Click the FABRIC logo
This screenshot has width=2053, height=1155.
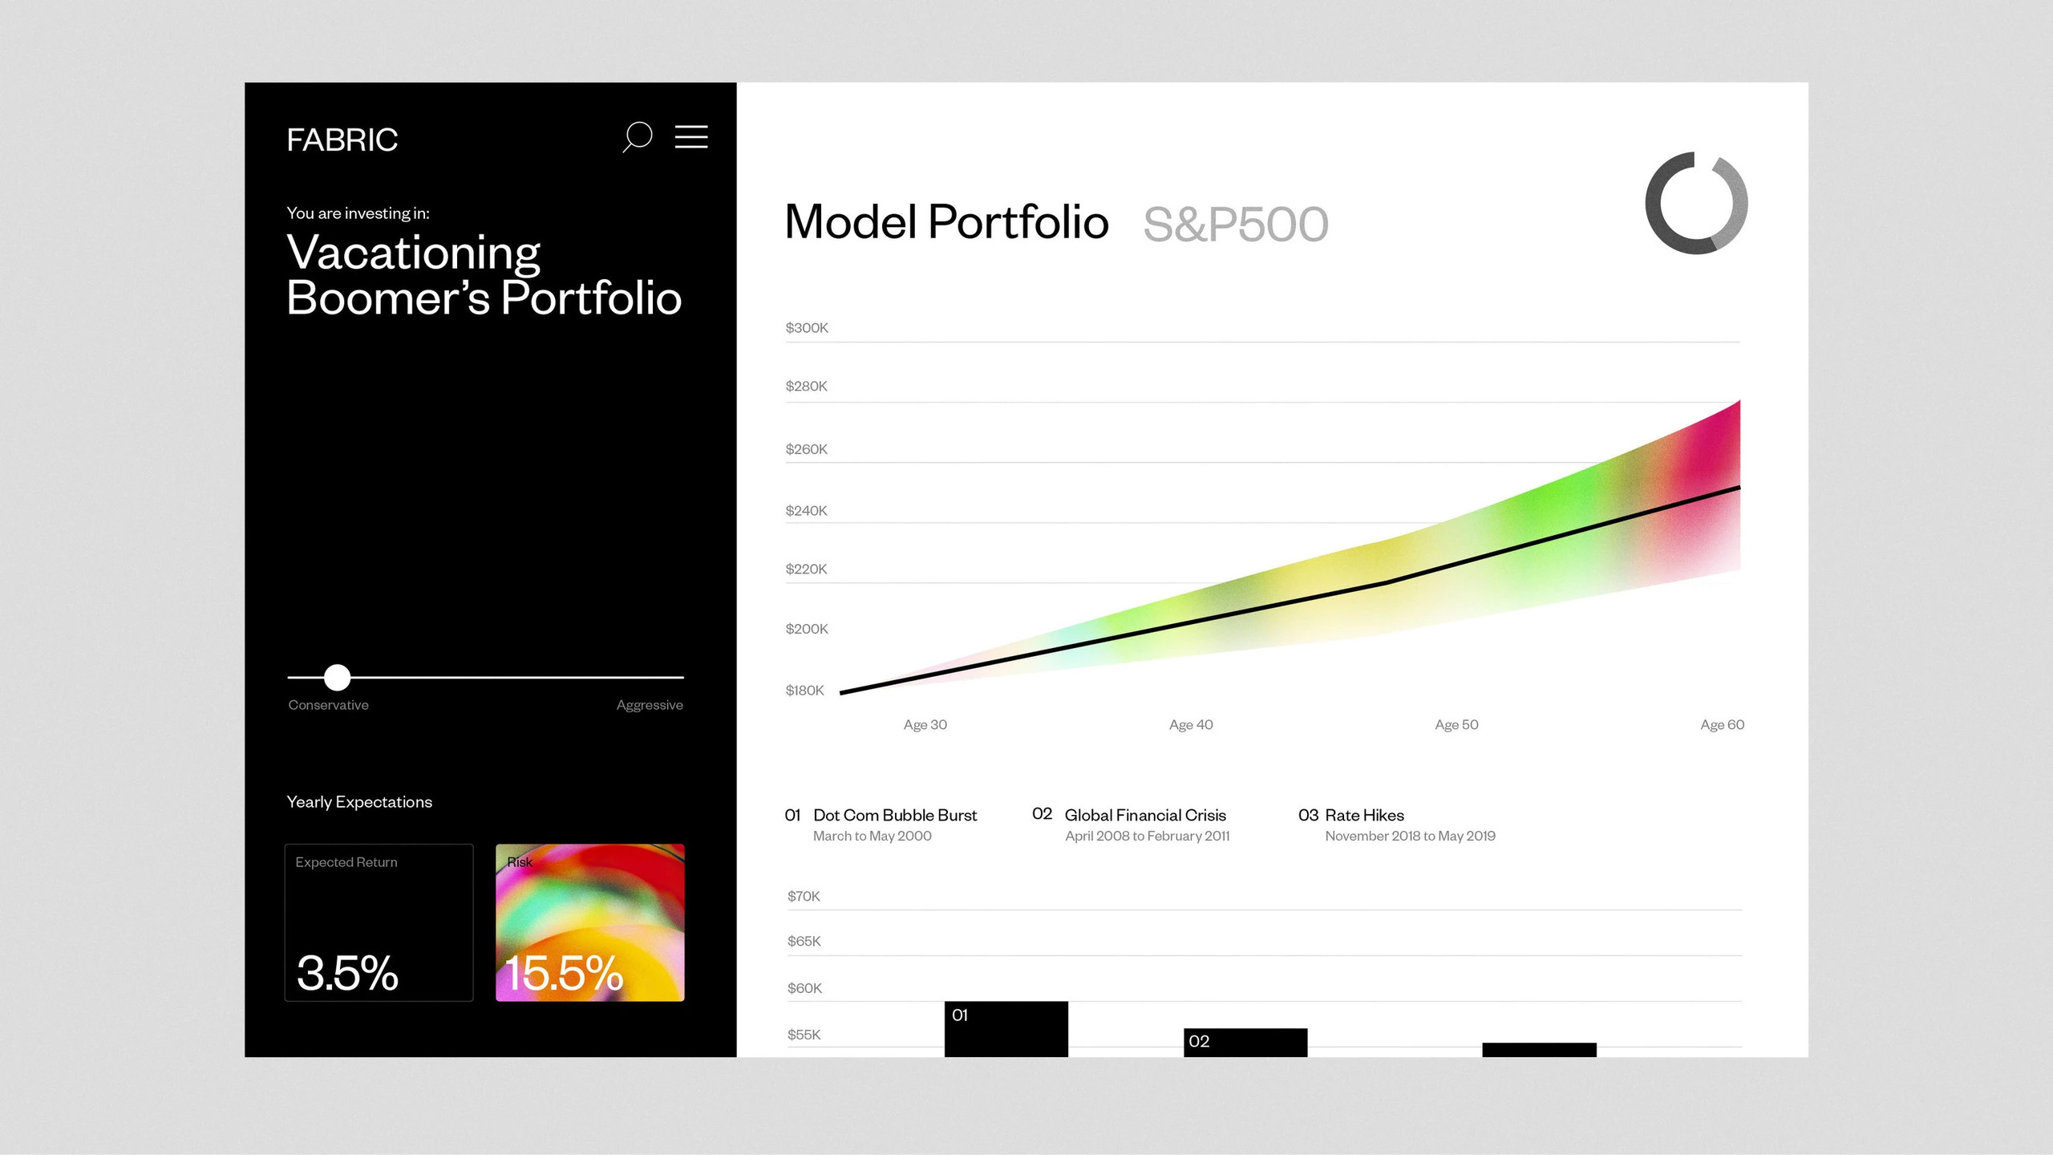[342, 140]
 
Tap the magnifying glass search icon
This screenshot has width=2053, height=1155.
[637, 137]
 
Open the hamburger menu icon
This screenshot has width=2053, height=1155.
[691, 136]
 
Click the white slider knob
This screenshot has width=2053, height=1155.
[338, 677]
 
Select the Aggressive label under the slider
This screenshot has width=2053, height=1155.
[650, 705]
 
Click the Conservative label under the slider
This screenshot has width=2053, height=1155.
[329, 705]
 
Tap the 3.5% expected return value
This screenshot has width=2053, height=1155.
[347, 973]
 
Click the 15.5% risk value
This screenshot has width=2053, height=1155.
[564, 973]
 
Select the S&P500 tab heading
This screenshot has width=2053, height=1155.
[1236, 224]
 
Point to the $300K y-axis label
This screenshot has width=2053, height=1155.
[807, 327]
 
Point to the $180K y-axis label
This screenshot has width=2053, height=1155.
[804, 690]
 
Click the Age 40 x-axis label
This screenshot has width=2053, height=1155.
[1191, 724]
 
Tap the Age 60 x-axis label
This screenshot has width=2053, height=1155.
[1723, 724]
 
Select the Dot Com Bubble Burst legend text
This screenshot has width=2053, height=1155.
[895, 815]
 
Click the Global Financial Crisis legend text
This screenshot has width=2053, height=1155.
[1145, 815]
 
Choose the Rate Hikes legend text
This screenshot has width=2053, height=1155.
[1364, 815]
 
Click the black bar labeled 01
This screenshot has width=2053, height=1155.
[1006, 1029]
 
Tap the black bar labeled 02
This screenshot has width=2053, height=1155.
[1245, 1043]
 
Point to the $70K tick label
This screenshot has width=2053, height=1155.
[804, 896]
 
